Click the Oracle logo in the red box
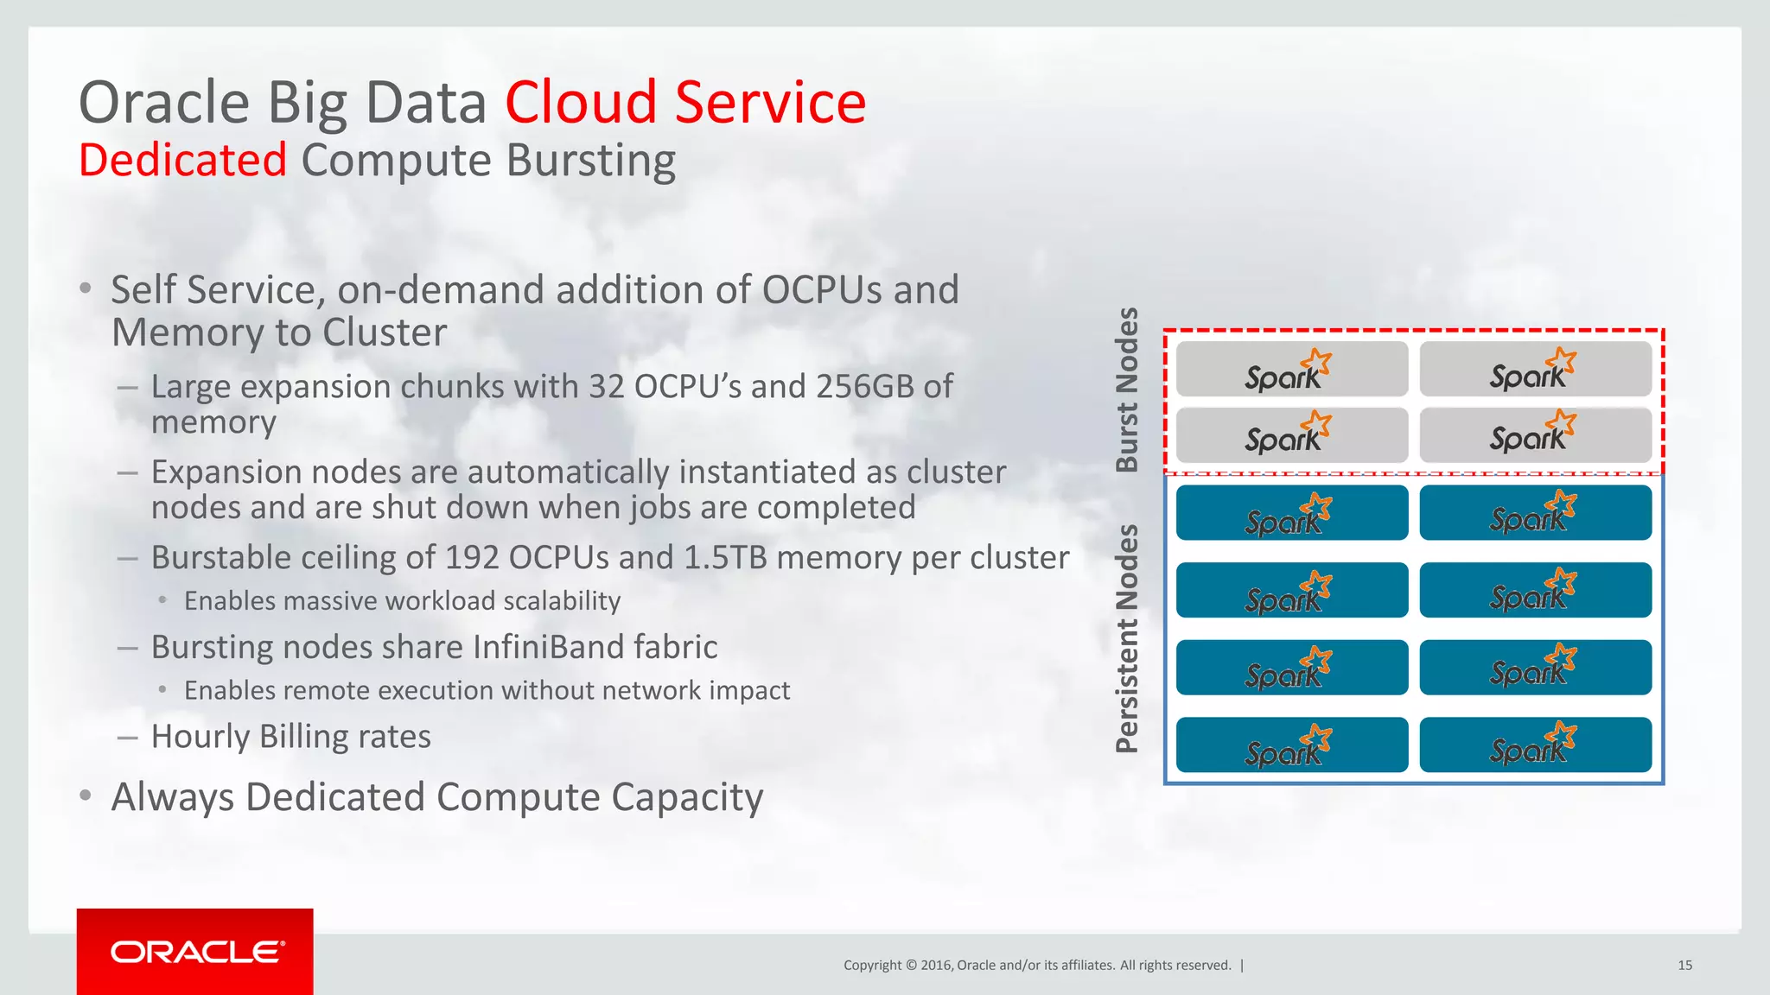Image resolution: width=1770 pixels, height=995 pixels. coord(196,952)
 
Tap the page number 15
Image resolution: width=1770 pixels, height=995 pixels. coord(1684,966)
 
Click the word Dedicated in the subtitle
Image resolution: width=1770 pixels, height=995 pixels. coord(182,161)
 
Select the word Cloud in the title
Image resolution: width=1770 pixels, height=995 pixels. coord(581,103)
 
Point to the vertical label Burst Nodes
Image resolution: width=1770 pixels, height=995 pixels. coord(1127,390)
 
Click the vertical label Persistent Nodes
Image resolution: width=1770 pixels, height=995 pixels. coord(1127,638)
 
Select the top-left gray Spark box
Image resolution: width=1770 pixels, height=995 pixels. coord(1291,370)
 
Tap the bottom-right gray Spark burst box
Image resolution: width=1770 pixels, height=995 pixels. coord(1535,435)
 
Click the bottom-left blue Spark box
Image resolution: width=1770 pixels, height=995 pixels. coord(1291,745)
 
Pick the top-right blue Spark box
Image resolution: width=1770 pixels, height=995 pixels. coord(1535,512)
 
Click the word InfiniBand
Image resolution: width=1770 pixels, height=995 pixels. coord(548,648)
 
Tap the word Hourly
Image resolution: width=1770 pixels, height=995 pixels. coord(201,737)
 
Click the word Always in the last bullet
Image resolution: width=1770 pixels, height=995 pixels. coord(172,797)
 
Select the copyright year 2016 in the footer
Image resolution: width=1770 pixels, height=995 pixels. coord(936,966)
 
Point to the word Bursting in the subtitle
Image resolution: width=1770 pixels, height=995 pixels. coord(590,161)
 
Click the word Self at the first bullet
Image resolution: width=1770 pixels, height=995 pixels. coord(143,290)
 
